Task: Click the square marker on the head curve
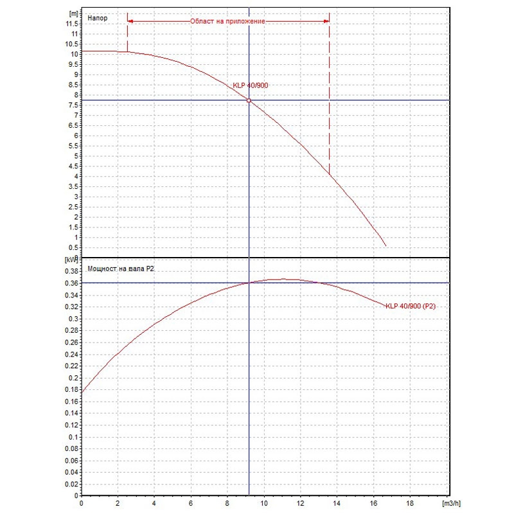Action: click(249, 100)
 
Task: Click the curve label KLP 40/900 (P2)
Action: click(411, 306)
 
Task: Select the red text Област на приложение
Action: click(227, 21)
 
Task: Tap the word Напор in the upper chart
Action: click(98, 18)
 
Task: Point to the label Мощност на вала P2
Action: click(121, 269)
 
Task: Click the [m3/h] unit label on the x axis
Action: click(452, 503)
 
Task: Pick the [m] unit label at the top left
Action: click(74, 13)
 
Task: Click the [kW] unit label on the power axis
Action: click(71, 260)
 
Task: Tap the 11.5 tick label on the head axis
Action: click(72, 24)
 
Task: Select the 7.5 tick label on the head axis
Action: click(73, 105)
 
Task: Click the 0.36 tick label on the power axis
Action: click(71, 283)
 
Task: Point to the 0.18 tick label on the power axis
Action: click(71, 389)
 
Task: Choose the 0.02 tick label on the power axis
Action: click(71, 484)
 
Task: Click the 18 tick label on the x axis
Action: click(410, 503)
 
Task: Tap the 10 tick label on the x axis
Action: click(264, 503)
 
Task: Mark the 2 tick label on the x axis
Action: click(118, 503)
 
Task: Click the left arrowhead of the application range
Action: click(130, 21)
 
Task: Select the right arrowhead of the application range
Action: click(326, 21)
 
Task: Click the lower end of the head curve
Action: click(386, 246)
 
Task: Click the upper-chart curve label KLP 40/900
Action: click(251, 85)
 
